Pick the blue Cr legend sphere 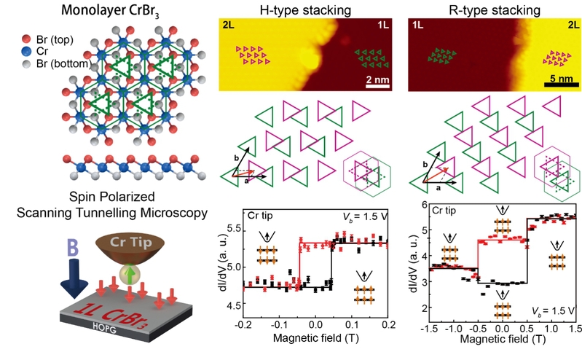click(26, 50)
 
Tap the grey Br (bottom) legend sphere click(26, 63)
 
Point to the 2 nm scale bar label click(377, 78)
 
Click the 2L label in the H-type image click(227, 25)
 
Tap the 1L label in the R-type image click(419, 25)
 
